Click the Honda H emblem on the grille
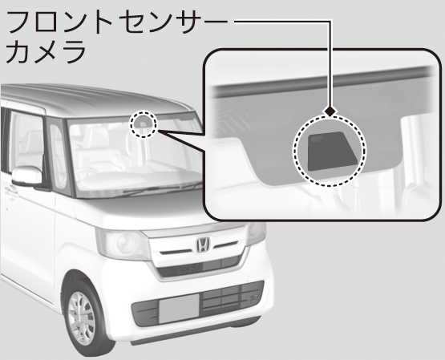[x=203, y=245]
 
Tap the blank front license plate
[x=179, y=309]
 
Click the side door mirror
[x=27, y=176]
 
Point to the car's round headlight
[x=125, y=243]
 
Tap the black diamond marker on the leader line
[x=330, y=111]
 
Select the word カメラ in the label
[x=46, y=52]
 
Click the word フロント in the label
[x=59, y=22]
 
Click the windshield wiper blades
[x=159, y=189]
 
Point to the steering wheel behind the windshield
[x=85, y=173]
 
